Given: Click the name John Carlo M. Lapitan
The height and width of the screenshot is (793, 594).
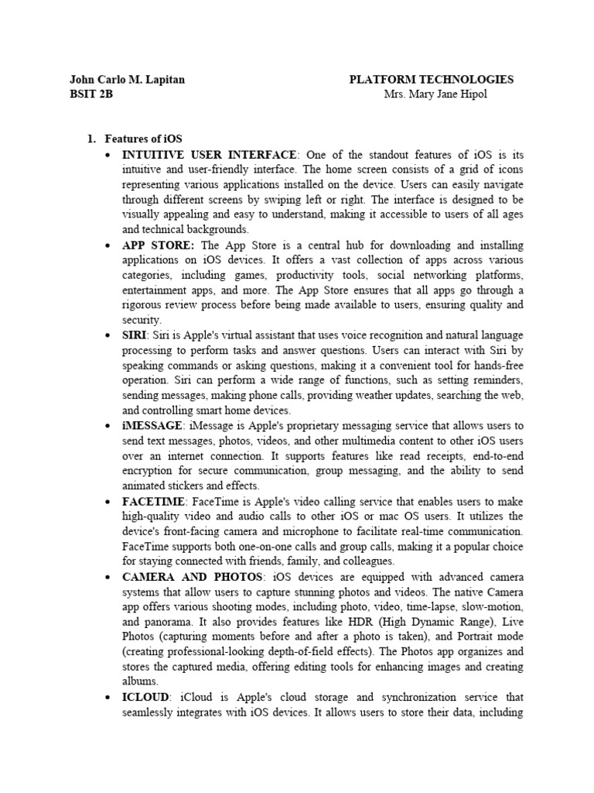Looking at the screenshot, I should tap(127, 80).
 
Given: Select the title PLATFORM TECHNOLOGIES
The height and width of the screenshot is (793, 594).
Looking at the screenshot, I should tap(431, 80).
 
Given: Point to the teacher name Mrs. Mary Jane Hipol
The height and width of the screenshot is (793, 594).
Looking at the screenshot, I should tap(436, 94).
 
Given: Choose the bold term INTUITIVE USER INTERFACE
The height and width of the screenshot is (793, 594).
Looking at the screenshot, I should tap(209, 155).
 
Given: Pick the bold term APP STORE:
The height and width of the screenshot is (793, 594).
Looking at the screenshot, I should tap(159, 245).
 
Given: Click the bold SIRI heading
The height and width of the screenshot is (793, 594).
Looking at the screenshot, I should tap(134, 335).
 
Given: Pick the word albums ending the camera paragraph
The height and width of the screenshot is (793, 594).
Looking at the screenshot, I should tap(140, 681).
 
